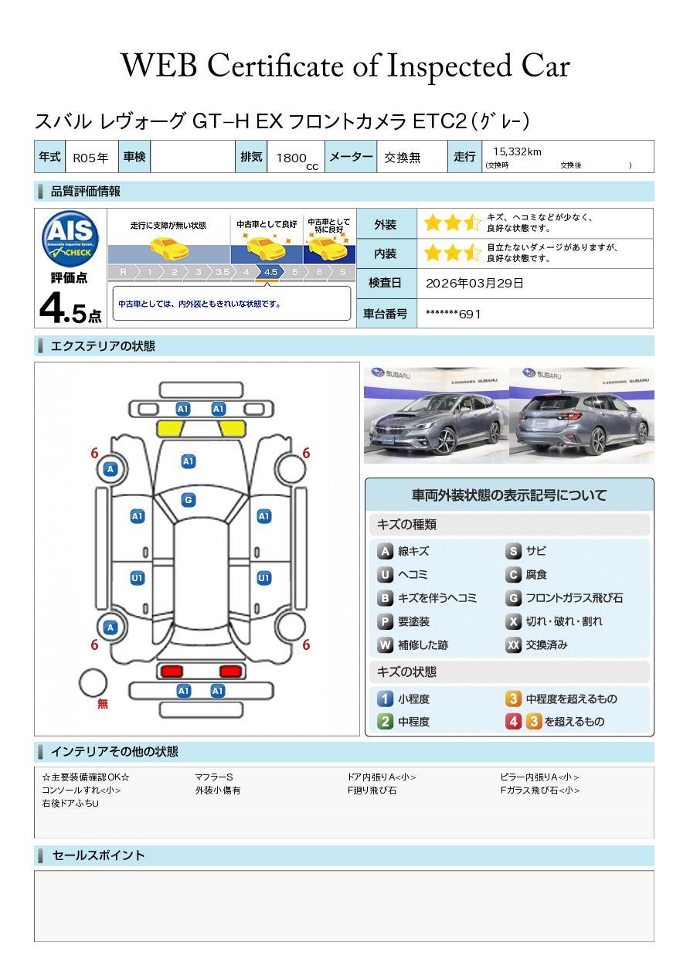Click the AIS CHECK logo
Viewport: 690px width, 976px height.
coord(70,239)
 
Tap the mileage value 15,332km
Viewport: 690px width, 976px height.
coord(517,151)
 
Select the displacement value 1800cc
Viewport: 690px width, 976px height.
coord(297,160)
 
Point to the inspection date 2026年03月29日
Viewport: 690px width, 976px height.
coord(474,283)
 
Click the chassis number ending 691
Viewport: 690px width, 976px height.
coord(453,314)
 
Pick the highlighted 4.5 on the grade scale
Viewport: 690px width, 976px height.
coord(270,272)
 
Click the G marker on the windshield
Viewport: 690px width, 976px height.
coord(189,500)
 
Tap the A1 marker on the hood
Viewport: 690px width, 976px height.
coord(189,461)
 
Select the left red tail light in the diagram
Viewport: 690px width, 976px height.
coord(172,671)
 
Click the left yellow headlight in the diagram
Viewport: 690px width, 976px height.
coord(169,429)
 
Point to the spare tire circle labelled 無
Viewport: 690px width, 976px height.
coord(93,683)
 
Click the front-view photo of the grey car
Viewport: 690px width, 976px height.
coord(436,415)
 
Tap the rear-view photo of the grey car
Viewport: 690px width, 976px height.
coord(582,415)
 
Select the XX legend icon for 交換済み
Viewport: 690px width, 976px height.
coord(514,644)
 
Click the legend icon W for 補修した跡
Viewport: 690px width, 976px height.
coord(385,644)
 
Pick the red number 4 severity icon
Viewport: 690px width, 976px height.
coord(514,721)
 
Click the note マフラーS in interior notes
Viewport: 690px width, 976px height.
coord(214,777)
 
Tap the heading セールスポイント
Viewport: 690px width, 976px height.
coord(98,855)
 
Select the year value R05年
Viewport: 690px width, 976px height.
coord(90,158)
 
